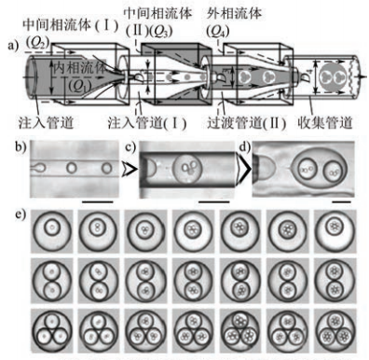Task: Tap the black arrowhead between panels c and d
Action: pyautogui.click(x=243, y=173)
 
